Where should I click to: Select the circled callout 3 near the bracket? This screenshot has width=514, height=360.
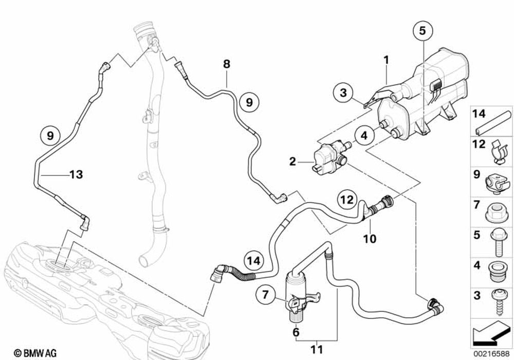(344, 94)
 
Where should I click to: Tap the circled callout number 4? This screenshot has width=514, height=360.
(363, 136)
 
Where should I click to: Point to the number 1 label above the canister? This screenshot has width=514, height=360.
(386, 60)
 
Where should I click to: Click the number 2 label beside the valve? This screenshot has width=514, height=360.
(292, 162)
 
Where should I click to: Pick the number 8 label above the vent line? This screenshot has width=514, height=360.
(226, 64)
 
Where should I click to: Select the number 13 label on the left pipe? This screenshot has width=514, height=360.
(76, 175)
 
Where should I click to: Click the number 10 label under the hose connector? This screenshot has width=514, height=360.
(370, 239)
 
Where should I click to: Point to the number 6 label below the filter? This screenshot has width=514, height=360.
(296, 332)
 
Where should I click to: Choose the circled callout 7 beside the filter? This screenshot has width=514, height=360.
(265, 295)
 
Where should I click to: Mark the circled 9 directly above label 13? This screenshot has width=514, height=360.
(50, 136)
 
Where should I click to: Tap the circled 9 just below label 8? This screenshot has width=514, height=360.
(249, 102)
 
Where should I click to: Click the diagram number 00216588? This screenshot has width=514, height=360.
(492, 353)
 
